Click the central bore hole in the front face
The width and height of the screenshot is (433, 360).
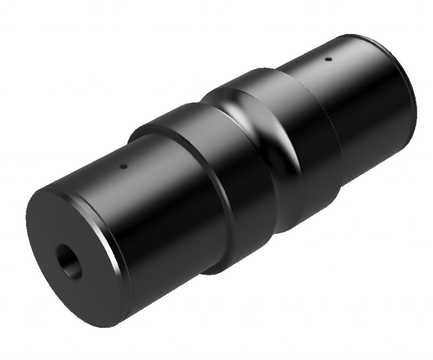click(69, 261)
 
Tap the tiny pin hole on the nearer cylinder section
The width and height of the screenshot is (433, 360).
click(123, 167)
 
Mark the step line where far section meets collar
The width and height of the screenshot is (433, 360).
click(321, 106)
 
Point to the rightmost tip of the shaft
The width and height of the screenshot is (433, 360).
click(417, 106)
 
